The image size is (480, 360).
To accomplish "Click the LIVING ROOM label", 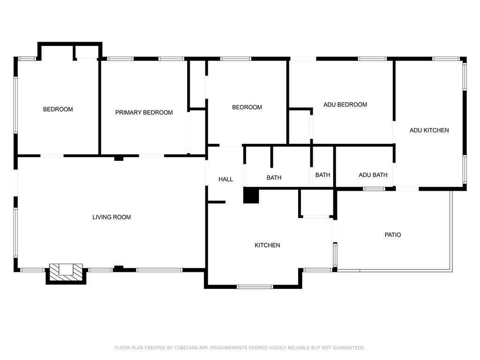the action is [x=112, y=217].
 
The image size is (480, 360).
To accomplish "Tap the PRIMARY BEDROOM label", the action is [x=144, y=112].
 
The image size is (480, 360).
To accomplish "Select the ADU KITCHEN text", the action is [x=429, y=130].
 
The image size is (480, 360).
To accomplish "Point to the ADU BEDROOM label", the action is [x=345, y=105].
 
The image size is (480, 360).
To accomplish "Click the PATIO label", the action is [x=393, y=235].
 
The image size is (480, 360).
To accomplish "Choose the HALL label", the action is [x=225, y=179].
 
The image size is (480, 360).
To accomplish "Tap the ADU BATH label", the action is [x=373, y=175].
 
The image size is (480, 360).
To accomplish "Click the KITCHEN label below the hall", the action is [x=267, y=245].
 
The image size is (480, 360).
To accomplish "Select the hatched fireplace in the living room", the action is [x=66, y=272].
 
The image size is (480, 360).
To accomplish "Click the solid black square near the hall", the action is [x=251, y=195].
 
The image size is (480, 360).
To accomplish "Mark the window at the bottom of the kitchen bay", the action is [x=255, y=287].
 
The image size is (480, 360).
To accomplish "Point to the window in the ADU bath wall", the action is [x=374, y=189].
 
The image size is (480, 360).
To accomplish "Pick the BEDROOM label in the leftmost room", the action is [x=58, y=109].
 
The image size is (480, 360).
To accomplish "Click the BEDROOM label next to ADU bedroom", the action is [x=247, y=107].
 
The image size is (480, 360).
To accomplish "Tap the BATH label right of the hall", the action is [x=274, y=178].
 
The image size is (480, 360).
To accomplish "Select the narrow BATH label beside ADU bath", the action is [x=322, y=175].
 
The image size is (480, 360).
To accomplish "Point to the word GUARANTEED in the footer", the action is [x=349, y=348].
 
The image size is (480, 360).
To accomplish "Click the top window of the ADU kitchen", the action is [x=446, y=59].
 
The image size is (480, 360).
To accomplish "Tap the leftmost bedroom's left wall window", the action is [x=15, y=105].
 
